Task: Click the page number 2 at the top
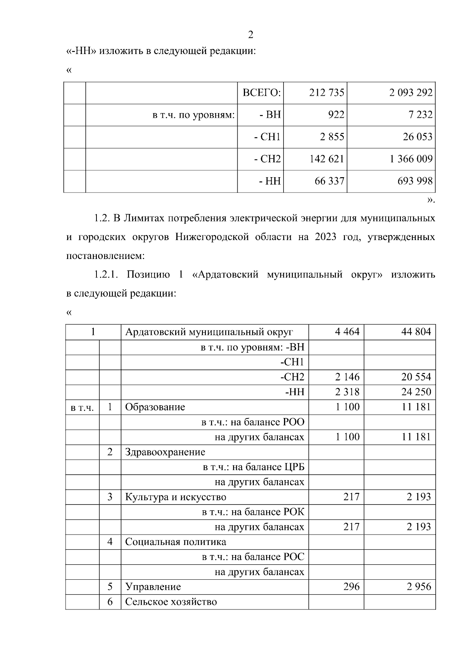250,35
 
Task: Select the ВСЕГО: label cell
261,93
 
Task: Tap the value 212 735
326,93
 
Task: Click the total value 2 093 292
411,93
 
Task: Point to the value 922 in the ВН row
336,115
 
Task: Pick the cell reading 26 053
417,137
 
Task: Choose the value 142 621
326,159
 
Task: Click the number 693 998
415,181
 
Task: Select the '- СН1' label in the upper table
267,137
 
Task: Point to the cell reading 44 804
416,332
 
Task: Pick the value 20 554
416,377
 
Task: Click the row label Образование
155,407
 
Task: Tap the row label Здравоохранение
165,452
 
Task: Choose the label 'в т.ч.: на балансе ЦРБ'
253,467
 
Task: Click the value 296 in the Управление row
351,587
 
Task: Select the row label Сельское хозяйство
171,602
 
